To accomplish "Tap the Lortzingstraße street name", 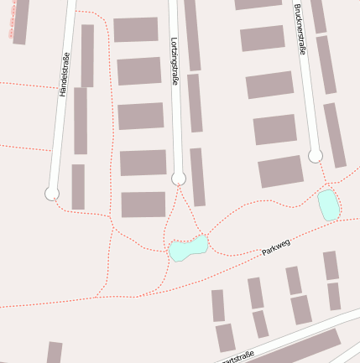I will pyautogui.click(x=175, y=60).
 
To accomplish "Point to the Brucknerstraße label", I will pyautogui.click(x=300, y=29).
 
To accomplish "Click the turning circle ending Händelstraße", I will pyautogui.click(x=52, y=194).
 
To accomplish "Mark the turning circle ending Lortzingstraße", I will pyautogui.click(x=178, y=178).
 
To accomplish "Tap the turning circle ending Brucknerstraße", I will pyautogui.click(x=315, y=155).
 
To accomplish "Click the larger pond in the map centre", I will pyautogui.click(x=188, y=248).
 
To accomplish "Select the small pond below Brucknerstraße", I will pyautogui.click(x=328, y=205).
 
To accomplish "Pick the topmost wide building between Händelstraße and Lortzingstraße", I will pyautogui.click(x=136, y=29).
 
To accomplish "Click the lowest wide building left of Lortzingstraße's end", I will pyautogui.click(x=143, y=204).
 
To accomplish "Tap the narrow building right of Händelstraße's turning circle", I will pyautogui.click(x=78, y=186).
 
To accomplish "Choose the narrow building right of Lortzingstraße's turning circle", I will pyautogui.click(x=197, y=176).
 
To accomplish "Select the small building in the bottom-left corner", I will pyautogui.click(x=55, y=352).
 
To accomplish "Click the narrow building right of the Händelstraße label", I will pyautogui.click(x=87, y=55).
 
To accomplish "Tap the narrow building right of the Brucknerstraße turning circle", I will pyautogui.click(x=335, y=134).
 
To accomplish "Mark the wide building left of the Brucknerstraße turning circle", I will pyautogui.click(x=280, y=170).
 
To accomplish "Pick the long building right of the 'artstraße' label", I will pyautogui.click(x=302, y=346).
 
